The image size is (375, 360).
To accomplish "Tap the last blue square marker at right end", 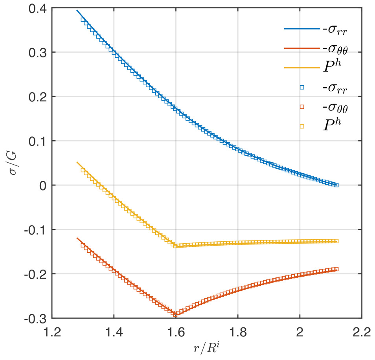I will pos(336,185).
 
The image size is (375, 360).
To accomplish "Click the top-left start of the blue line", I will pos(77,11).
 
